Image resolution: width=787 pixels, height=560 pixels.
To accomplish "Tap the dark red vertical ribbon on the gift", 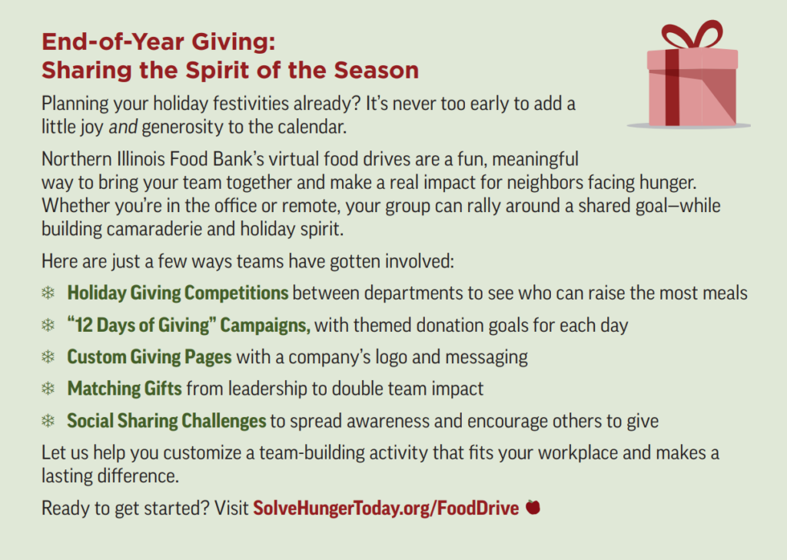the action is tap(672, 88).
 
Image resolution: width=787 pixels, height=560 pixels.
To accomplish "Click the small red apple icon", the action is tap(533, 507).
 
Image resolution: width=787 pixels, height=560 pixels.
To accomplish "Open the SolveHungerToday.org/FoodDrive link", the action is tap(386, 508).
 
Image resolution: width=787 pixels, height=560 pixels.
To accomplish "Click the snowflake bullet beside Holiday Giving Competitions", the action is tap(48, 293).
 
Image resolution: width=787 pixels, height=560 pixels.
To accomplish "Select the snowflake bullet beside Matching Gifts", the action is tap(48, 389).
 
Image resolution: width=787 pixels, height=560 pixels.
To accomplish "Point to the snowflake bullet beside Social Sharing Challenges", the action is tap(48, 420).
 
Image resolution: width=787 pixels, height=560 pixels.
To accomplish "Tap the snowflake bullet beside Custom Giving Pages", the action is tap(48, 356).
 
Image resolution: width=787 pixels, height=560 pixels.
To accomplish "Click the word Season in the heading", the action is tap(377, 70).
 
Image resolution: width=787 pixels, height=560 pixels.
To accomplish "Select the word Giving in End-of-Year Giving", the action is tap(234, 41).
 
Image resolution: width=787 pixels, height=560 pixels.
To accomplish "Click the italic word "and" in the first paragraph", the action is tap(123, 127).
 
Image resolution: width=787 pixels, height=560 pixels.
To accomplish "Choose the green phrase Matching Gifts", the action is tap(125, 389).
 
